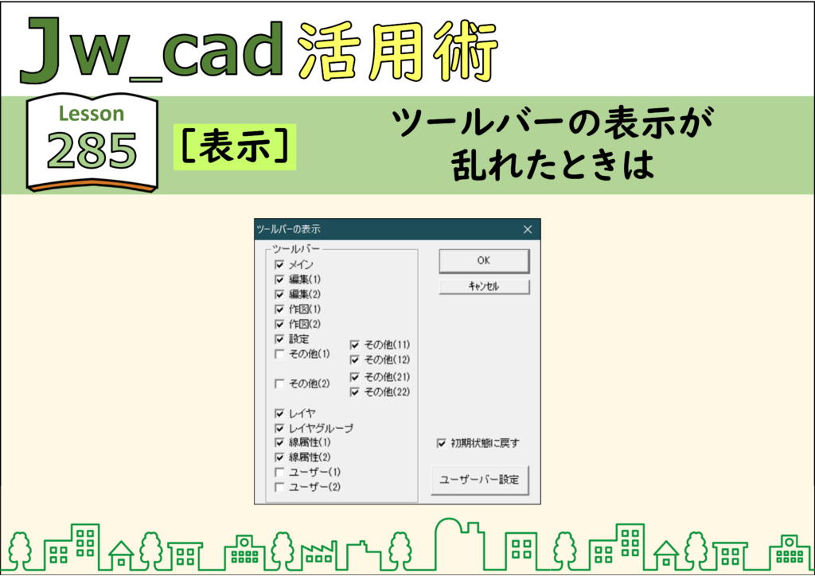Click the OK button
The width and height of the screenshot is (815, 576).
pyautogui.click(x=484, y=261)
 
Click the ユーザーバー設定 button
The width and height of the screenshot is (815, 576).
pyautogui.click(x=480, y=480)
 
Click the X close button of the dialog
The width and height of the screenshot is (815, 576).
pyautogui.click(x=528, y=229)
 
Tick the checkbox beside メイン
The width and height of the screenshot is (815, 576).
pyautogui.click(x=279, y=264)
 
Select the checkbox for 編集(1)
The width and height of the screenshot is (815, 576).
pyautogui.click(x=279, y=279)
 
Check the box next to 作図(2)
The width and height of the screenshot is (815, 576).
pyautogui.click(x=279, y=324)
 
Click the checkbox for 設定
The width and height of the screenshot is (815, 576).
pyautogui.click(x=279, y=339)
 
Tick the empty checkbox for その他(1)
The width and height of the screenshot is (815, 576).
pyautogui.click(x=279, y=354)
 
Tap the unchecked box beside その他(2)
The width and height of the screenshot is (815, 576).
pyautogui.click(x=279, y=383)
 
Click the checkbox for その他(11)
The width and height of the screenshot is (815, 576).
pyautogui.click(x=355, y=344)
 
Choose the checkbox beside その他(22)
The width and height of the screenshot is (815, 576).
pyautogui.click(x=355, y=392)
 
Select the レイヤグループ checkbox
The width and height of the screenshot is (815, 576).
pyautogui.click(x=279, y=429)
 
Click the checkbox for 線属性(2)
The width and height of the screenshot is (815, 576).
pyautogui.click(x=279, y=457)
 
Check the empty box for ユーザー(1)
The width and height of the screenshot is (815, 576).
pyautogui.click(x=279, y=473)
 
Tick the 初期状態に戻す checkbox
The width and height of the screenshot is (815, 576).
pyautogui.click(x=441, y=443)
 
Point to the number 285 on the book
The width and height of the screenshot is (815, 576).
pyautogui.click(x=92, y=150)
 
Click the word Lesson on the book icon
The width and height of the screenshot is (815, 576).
pyautogui.click(x=92, y=113)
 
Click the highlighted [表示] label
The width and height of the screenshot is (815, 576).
pyautogui.click(x=235, y=146)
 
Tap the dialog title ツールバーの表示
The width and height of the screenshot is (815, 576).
pyautogui.click(x=288, y=229)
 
